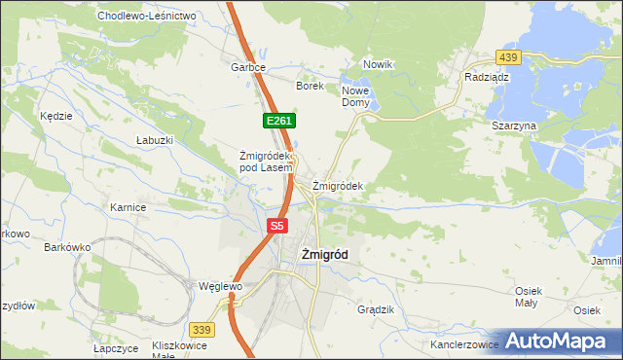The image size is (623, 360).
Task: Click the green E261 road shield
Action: (277, 120)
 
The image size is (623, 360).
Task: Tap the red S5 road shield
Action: (277, 226)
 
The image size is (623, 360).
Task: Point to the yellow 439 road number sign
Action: (508, 57)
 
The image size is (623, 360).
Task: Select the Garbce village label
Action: (248, 68)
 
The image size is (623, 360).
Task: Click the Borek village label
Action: (310, 86)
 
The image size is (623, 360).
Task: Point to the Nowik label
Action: (378, 64)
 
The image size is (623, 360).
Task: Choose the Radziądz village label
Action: (488, 76)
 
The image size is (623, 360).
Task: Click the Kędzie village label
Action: (56, 116)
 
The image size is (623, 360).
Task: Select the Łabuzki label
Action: (155, 140)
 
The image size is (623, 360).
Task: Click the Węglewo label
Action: (219, 287)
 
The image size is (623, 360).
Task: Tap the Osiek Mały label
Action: (527, 297)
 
